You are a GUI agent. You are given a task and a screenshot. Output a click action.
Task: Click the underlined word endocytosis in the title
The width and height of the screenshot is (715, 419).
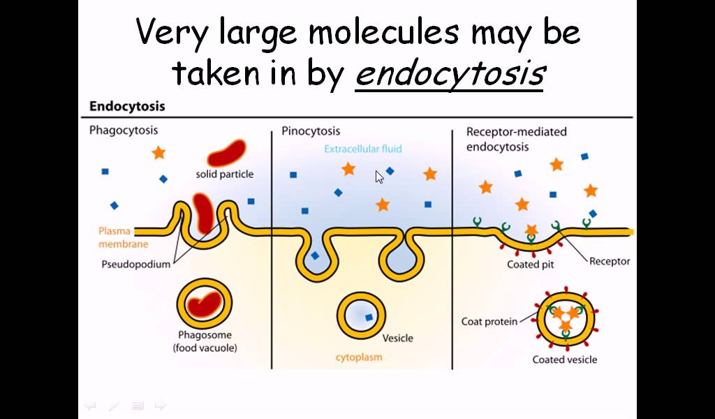tap(449, 73)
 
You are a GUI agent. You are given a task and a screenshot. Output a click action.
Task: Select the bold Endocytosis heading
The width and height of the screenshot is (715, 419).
tap(127, 107)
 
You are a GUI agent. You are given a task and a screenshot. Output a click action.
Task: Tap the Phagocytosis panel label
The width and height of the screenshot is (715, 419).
tap(124, 130)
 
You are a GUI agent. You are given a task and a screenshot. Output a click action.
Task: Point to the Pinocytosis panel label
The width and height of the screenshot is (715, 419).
tap(311, 131)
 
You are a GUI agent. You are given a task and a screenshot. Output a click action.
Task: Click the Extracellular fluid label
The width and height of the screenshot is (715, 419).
tap(362, 149)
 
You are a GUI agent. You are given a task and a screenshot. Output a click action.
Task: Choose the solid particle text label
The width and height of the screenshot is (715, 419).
tap(225, 173)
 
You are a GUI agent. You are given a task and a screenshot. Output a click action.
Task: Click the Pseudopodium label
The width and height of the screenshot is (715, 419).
tap(135, 265)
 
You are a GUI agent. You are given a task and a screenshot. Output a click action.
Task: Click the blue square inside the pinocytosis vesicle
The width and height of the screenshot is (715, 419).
tap(369, 318)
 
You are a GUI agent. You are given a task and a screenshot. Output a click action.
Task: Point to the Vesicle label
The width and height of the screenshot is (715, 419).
tap(397, 338)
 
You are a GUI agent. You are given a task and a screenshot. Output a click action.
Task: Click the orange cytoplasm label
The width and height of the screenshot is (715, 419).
tap(359, 358)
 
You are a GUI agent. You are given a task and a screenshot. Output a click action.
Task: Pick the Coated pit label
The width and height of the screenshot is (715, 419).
tap(531, 265)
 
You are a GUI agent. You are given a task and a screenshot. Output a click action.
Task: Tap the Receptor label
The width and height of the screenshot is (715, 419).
tap(610, 261)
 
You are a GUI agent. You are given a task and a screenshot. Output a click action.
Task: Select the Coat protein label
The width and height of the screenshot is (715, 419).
tap(489, 321)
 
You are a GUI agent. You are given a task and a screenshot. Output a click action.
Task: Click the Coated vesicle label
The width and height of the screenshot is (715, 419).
tap(565, 360)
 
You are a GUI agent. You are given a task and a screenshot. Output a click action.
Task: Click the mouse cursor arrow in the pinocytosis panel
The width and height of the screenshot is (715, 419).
tap(379, 177)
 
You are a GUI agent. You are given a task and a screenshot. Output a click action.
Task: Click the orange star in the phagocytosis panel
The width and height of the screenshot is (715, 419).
tap(159, 152)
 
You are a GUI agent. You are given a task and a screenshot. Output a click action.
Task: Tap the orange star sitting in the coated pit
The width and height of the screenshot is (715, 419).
tap(531, 230)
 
